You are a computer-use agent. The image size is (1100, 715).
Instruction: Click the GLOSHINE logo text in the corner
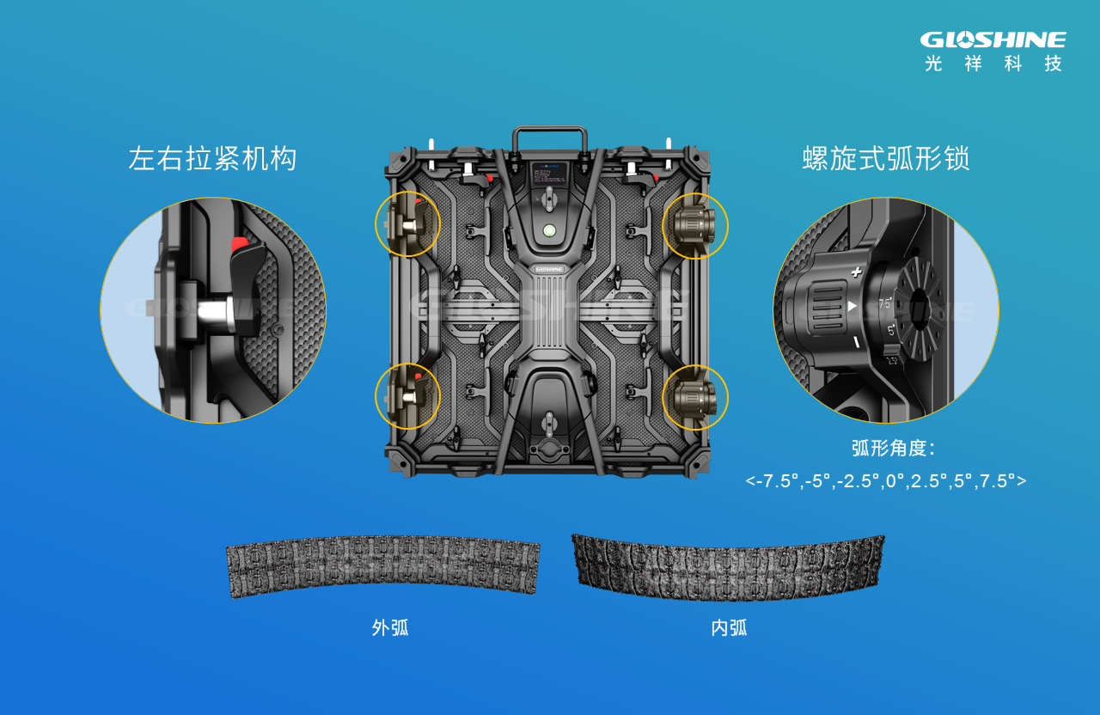[993, 40]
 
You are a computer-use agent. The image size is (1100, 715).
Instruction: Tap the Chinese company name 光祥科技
[993, 64]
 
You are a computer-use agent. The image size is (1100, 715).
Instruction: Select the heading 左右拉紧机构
[212, 159]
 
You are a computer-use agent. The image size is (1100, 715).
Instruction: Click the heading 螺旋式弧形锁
[885, 159]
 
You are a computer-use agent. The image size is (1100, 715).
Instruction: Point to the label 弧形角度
[892, 449]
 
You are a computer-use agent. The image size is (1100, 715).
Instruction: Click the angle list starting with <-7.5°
[885, 480]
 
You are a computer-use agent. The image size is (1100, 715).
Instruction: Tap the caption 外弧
[390, 628]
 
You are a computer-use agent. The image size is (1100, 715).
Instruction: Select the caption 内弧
[729, 628]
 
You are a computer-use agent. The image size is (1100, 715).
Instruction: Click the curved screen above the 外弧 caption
[383, 564]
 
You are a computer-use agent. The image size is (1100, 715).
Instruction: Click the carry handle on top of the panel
[550, 137]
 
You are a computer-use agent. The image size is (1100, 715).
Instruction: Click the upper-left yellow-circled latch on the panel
[407, 224]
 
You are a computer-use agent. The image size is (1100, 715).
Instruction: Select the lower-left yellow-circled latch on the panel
[407, 396]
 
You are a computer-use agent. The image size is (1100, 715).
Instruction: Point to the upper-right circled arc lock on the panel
[694, 226]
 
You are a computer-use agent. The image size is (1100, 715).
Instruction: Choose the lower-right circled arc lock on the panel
[694, 396]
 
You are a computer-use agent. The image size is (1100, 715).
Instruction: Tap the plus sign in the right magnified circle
[856, 272]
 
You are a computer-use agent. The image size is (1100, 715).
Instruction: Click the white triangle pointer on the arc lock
[852, 306]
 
